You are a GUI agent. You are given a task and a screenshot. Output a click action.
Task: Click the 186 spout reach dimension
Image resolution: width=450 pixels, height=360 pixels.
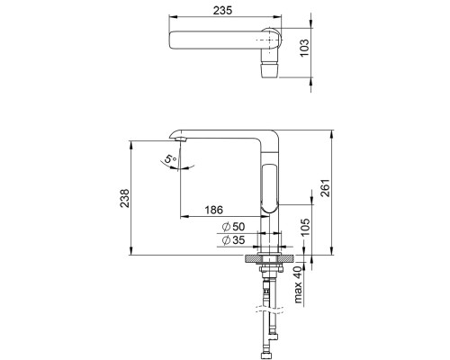tap(212, 210)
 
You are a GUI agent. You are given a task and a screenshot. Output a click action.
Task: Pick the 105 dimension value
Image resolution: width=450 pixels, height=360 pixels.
tap(305, 230)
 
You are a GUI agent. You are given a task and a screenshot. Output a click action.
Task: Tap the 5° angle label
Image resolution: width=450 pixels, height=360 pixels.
tap(166, 161)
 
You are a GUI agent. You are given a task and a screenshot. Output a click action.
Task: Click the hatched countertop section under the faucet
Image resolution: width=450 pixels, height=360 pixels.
tap(270, 260)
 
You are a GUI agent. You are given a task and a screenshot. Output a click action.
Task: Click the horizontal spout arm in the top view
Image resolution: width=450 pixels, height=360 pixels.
tap(216, 40)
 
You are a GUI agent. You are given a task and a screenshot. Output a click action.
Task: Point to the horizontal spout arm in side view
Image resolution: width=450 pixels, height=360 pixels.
tap(220, 130)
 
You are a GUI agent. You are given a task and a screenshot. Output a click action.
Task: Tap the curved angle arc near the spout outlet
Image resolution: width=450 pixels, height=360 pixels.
tap(176, 164)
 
